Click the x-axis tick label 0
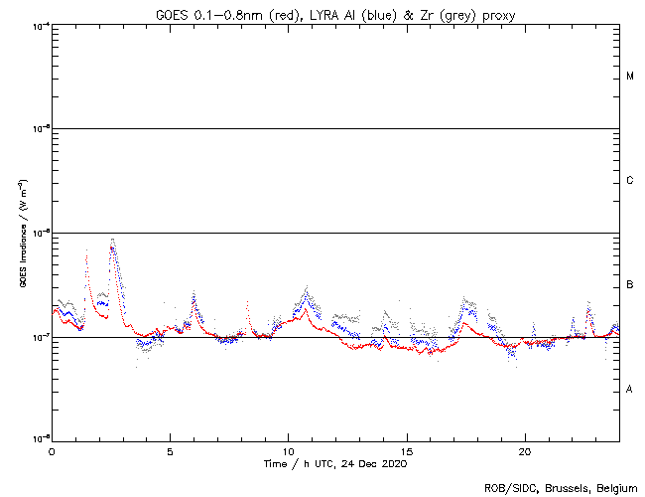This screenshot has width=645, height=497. coord(52,450)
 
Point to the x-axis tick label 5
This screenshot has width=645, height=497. coord(170,450)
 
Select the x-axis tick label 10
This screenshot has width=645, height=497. coord(288,450)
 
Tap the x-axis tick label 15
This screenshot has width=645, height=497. coord(407,450)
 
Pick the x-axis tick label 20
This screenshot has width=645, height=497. coord(525,450)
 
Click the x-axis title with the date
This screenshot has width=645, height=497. coord(334,463)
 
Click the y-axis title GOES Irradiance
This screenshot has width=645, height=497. coord(22,234)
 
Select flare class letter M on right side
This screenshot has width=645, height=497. coord(630,77)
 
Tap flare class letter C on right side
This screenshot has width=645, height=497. coord(630,181)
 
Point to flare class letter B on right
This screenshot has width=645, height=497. coord(630,285)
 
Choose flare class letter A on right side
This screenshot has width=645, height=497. coord(630,390)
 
